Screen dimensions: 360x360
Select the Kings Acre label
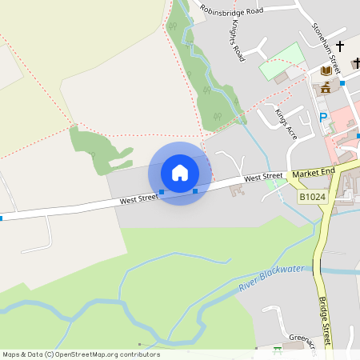pos(286,125)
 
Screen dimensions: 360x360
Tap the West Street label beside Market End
pos(263,177)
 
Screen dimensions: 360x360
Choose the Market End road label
pos(312,173)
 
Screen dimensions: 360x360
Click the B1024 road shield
pos(314,196)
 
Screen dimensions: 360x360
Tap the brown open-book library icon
pos(326,71)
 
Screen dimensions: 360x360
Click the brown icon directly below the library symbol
pos(326,87)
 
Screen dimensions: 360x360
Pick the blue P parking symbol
pos(323,118)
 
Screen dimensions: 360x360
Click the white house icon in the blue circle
pos(180,173)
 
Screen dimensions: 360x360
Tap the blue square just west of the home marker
pos(162,192)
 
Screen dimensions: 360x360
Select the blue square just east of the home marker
pos(195,191)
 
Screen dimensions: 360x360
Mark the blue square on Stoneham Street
pos(342,82)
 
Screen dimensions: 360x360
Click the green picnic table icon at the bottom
pos(278,350)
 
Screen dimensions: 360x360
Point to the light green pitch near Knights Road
pos(282,60)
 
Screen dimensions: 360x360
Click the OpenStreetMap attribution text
pos(81,354)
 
